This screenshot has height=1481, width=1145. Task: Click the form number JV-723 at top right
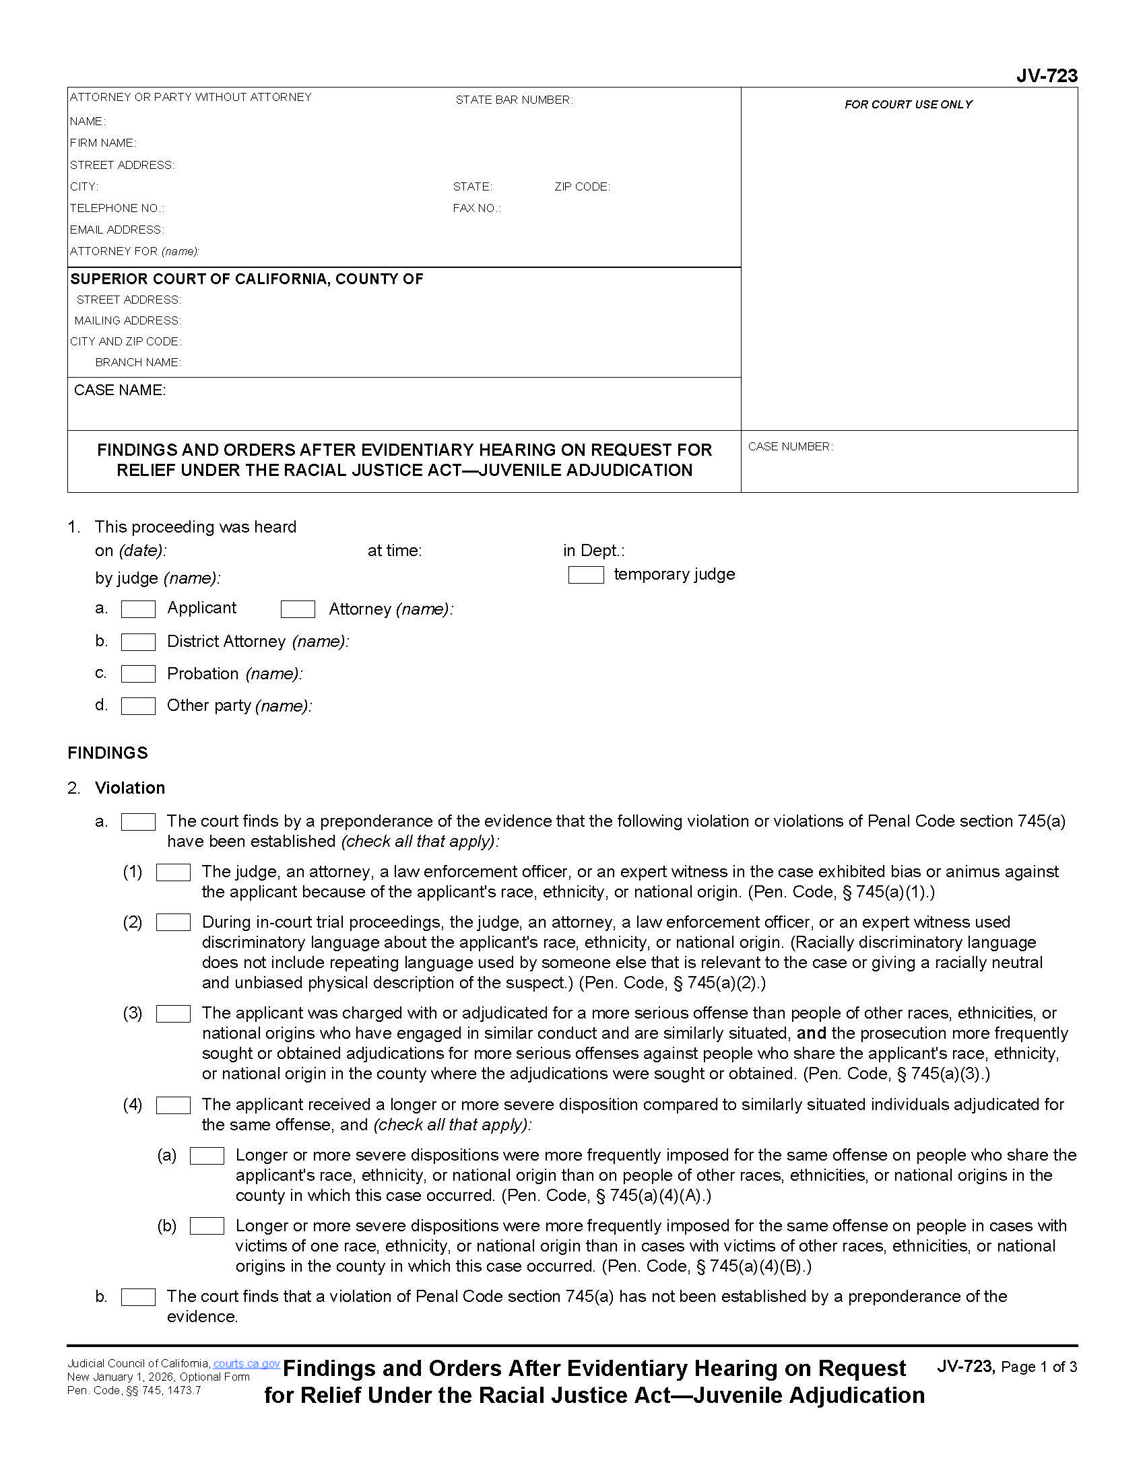[1046, 75]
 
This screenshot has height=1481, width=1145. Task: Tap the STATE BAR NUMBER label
[513, 100]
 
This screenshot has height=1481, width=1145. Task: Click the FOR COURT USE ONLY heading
[908, 104]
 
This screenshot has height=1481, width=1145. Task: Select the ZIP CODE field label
[582, 186]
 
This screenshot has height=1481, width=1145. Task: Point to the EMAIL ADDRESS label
[117, 230]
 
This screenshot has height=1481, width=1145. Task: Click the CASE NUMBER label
[790, 446]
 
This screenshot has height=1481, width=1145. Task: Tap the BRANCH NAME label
[137, 362]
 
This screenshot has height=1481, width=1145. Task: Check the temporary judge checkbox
[585, 575]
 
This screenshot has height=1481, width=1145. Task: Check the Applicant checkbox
[138, 609]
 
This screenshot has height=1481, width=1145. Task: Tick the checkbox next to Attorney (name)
[298, 609]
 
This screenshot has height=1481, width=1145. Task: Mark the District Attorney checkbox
[138, 642]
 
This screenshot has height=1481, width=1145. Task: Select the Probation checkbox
[138, 673]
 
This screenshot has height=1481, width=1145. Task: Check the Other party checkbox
[138, 706]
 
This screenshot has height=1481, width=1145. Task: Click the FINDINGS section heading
[107, 753]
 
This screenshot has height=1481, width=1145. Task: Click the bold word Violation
[129, 788]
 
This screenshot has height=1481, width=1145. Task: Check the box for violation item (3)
[173, 1014]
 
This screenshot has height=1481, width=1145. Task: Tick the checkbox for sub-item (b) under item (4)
[207, 1226]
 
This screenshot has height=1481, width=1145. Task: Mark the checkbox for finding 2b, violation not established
[138, 1297]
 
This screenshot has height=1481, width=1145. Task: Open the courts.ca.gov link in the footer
[247, 1364]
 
